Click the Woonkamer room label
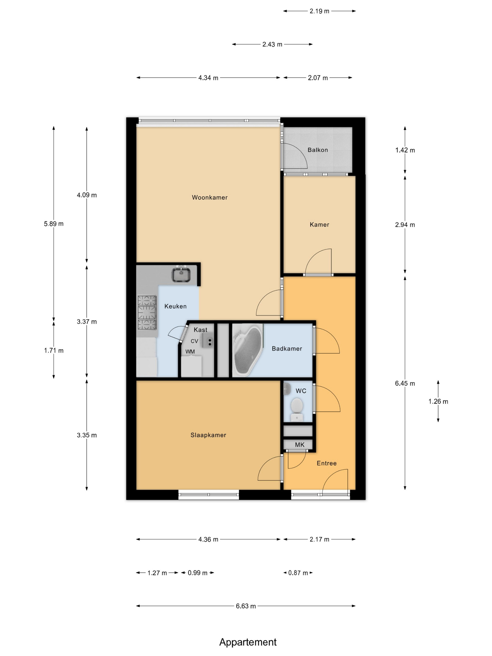209,198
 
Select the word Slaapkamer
208,435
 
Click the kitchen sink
181,274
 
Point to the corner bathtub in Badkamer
247,350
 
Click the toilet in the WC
297,409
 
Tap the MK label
299,444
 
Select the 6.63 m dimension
246,606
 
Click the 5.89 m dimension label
54,224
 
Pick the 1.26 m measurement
438,401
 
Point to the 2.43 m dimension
272,44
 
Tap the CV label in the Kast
194,341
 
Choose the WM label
190,351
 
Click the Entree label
327,463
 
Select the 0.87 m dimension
298,573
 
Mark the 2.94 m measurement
405,224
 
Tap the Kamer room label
319,224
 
